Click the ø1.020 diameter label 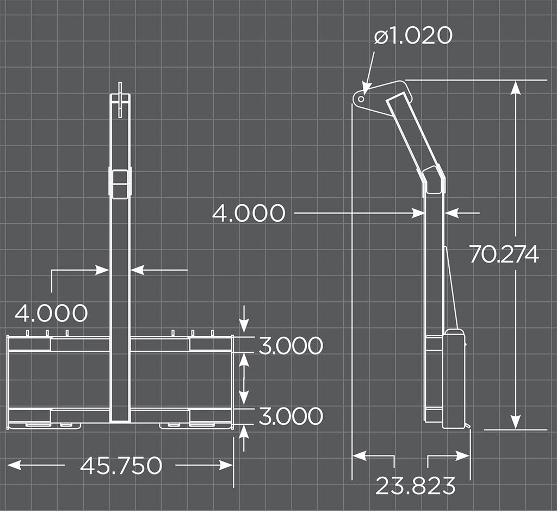point(413,36)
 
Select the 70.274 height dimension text point(504,254)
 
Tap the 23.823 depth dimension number point(415,485)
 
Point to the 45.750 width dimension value point(121,465)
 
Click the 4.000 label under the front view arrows point(51,313)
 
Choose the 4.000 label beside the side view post point(249,213)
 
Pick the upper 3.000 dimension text point(290,345)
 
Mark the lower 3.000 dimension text point(290,416)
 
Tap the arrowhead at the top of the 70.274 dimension point(516,87)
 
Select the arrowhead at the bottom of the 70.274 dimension point(516,422)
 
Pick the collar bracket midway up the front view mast point(120,183)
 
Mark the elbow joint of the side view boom point(434,178)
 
